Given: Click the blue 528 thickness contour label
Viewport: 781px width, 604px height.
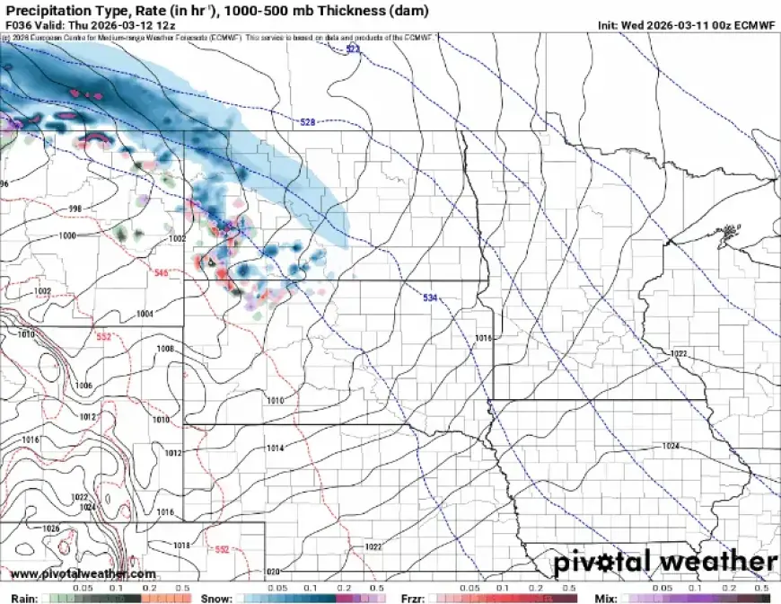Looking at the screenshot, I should (307, 121).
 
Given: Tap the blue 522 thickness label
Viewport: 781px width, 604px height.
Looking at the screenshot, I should (353, 49).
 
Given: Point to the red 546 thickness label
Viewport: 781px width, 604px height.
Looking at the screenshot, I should (161, 272).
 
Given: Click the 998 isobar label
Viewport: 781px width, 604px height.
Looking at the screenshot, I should (76, 208).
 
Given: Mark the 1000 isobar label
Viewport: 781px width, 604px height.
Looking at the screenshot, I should (67, 235).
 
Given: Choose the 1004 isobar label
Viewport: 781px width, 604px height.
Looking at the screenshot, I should (145, 314).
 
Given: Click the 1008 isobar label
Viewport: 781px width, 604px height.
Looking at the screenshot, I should (165, 349).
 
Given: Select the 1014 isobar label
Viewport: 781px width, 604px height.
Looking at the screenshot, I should (275, 448).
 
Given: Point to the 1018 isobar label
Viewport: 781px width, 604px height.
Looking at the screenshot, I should (181, 546).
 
